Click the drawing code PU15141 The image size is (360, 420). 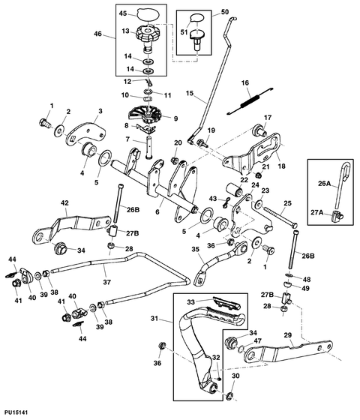tap(17, 412)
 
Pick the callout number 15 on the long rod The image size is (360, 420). tap(190, 94)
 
